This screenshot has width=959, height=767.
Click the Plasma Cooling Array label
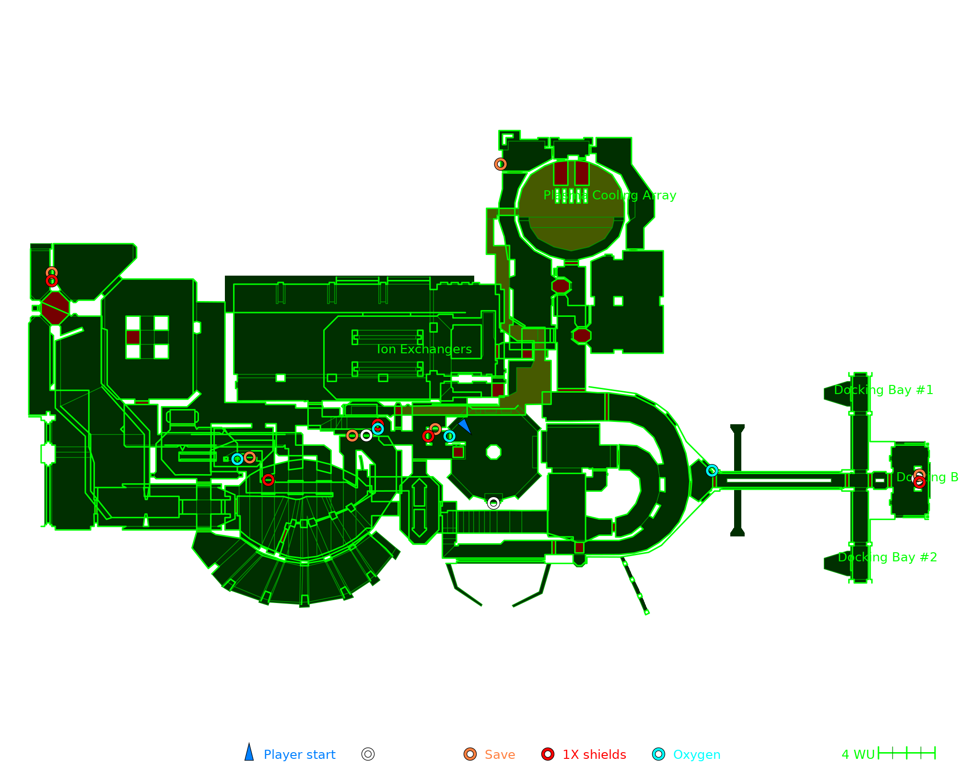pos(609,196)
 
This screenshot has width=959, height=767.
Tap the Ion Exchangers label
pos(424,349)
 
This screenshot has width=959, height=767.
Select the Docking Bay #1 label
pos(883,390)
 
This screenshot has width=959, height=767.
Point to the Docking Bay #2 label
pos(887,557)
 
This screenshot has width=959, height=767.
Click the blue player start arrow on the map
pos(465,426)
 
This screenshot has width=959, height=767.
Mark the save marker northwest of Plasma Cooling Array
pos(501,164)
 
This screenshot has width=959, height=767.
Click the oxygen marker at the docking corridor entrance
pos(712,471)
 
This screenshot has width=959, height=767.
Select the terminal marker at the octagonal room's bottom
pos(493,503)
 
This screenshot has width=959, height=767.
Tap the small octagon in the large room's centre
pos(493,452)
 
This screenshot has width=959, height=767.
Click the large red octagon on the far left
pos(55,308)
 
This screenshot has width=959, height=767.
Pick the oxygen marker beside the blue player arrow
pos(449,436)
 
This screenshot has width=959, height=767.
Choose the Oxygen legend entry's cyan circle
pos(659,754)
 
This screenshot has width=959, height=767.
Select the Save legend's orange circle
pos(470,754)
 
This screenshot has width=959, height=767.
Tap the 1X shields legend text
pos(594,755)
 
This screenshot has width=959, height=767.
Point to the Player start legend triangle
pos(249,753)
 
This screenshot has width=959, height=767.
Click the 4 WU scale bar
pos(906,753)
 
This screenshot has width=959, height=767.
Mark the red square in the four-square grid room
pos(133,337)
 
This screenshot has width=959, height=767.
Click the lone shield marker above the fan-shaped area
pos(268,480)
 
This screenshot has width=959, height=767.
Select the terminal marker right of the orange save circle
pos(366,435)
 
